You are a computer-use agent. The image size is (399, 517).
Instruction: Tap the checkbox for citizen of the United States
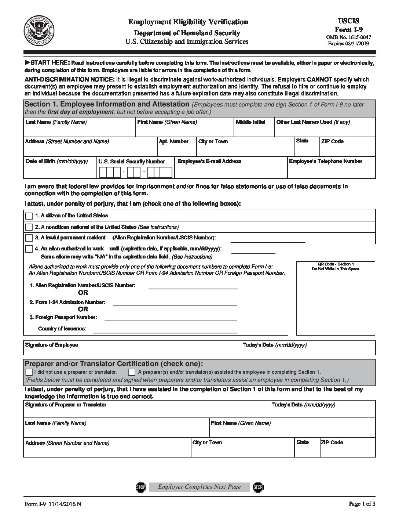click(x=29, y=216)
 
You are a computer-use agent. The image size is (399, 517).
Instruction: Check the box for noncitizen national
click(x=29, y=227)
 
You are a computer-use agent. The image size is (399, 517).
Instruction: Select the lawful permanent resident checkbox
click(x=29, y=238)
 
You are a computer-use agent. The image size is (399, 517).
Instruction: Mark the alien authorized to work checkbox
click(x=29, y=249)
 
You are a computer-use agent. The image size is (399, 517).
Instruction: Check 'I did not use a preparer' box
click(x=29, y=372)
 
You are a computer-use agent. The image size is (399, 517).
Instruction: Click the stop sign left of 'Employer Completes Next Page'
click(x=141, y=487)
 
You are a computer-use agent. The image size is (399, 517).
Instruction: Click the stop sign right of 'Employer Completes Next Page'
click(x=258, y=487)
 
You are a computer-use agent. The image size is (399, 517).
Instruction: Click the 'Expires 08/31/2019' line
click(x=348, y=43)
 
